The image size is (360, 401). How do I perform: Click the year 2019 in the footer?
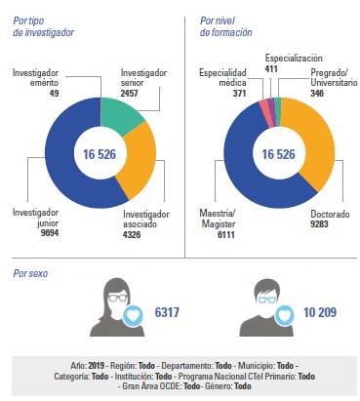(94, 364)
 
